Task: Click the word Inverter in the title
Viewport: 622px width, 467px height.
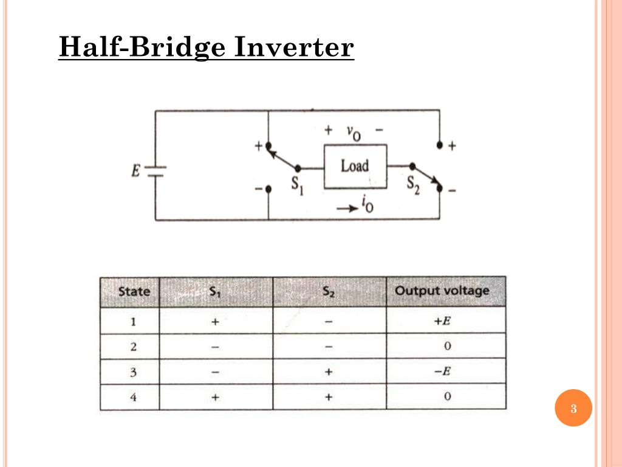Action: (292, 47)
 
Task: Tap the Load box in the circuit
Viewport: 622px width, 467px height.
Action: (355, 166)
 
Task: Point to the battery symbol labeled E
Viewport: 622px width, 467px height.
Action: (155, 171)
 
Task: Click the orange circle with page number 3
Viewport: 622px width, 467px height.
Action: (573, 408)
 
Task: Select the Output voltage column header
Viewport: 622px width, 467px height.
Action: (445, 291)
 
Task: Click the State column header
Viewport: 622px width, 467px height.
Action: (134, 291)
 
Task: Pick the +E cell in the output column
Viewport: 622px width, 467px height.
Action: (445, 321)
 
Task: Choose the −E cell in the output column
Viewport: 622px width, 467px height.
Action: (445, 372)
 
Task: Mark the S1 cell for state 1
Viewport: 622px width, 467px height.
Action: (216, 321)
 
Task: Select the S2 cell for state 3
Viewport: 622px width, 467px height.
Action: (329, 372)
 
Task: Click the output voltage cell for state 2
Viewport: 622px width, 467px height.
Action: (446, 347)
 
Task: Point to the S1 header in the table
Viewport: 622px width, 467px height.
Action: (215, 291)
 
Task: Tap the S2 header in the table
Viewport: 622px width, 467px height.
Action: (329, 291)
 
